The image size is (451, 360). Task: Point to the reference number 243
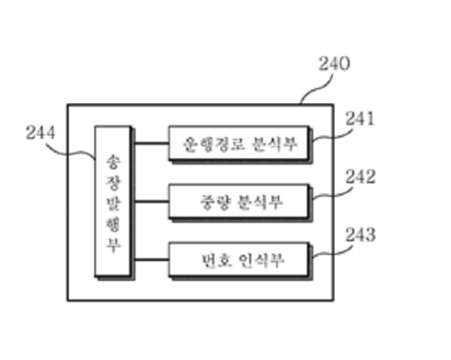[359, 233]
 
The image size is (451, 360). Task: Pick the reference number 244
[41, 133]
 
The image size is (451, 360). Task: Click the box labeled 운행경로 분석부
[238, 144]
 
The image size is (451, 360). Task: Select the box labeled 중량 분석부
[238, 201]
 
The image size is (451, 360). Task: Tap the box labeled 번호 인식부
[238, 258]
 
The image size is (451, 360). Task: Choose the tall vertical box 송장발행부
[113, 201]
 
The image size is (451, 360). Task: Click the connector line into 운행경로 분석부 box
[149, 144]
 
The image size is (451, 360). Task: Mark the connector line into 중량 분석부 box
[149, 201]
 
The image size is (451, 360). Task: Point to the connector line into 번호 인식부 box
[149, 258]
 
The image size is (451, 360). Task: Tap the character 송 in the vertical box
[113, 157]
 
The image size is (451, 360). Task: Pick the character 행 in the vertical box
[113, 221]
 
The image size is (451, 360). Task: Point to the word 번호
[213, 258]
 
